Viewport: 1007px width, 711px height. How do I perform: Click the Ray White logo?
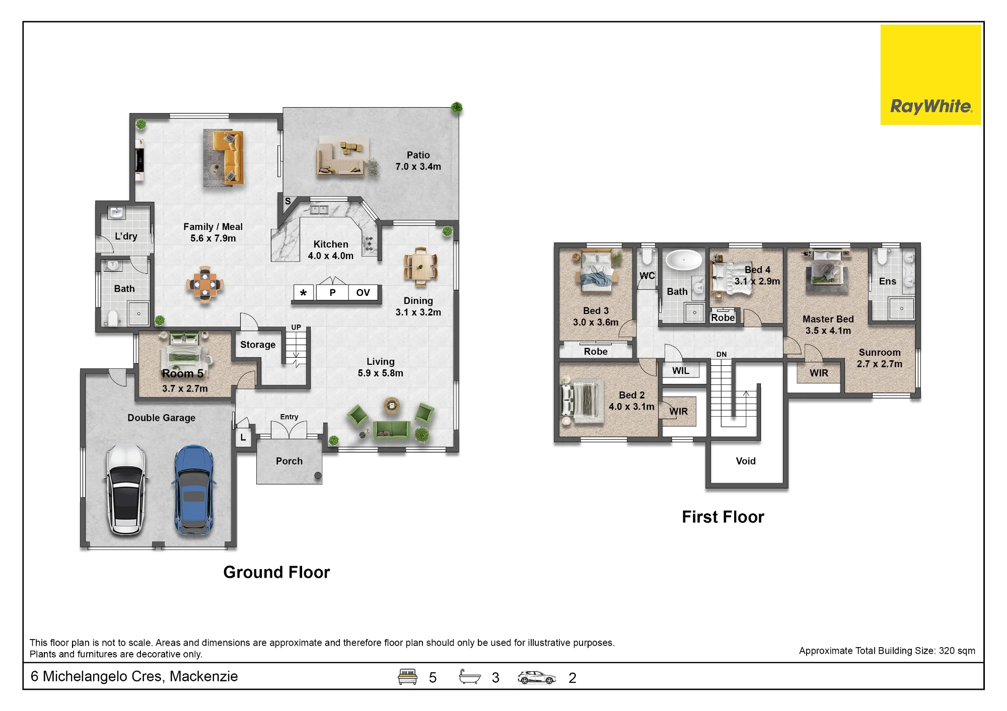pyautogui.click(x=930, y=74)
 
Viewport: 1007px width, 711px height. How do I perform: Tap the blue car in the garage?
pyautogui.click(x=194, y=490)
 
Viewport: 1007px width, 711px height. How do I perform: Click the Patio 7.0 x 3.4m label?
pyautogui.click(x=418, y=161)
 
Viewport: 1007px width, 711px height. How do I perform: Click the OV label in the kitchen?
pyautogui.click(x=363, y=292)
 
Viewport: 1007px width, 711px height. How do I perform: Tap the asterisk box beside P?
pyautogui.click(x=303, y=293)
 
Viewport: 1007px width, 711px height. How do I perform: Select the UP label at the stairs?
pyautogui.click(x=296, y=327)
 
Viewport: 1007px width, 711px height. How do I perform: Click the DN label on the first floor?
pyautogui.click(x=722, y=354)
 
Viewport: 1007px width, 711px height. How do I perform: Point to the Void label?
pyautogui.click(x=746, y=461)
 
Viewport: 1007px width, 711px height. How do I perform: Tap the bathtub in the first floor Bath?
pyautogui.click(x=684, y=261)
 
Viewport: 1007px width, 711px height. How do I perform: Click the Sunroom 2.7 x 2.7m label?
pyautogui.click(x=880, y=358)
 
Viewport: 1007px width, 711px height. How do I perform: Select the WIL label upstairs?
pyautogui.click(x=681, y=371)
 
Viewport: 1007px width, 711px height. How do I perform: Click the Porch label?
pyautogui.click(x=289, y=461)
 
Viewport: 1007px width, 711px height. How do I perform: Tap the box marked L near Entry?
pyautogui.click(x=243, y=437)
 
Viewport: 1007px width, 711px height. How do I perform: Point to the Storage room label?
pyautogui.click(x=258, y=345)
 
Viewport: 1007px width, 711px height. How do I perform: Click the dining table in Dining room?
pyautogui.click(x=420, y=266)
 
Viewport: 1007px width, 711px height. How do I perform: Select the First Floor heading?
pyautogui.click(x=723, y=517)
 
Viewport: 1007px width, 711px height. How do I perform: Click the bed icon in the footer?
pyautogui.click(x=407, y=677)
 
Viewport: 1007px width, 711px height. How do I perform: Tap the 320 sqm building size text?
pyautogui.click(x=957, y=651)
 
